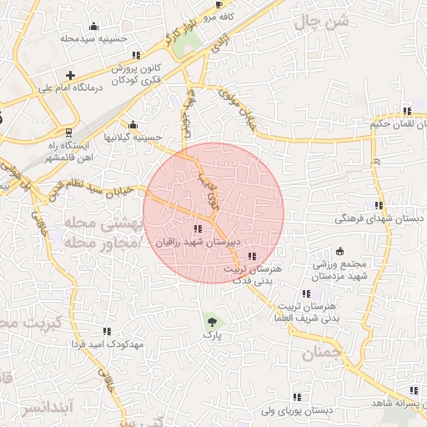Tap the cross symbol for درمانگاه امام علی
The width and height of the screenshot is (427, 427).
coord(71,75)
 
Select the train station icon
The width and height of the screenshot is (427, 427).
coord(68,132)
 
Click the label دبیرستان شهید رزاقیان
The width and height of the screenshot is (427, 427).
coord(198,241)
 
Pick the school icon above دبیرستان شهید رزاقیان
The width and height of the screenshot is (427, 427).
coord(197,228)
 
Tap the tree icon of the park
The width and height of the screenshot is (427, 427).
coord(212,319)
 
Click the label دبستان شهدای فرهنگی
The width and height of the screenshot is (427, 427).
coord(379,218)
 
